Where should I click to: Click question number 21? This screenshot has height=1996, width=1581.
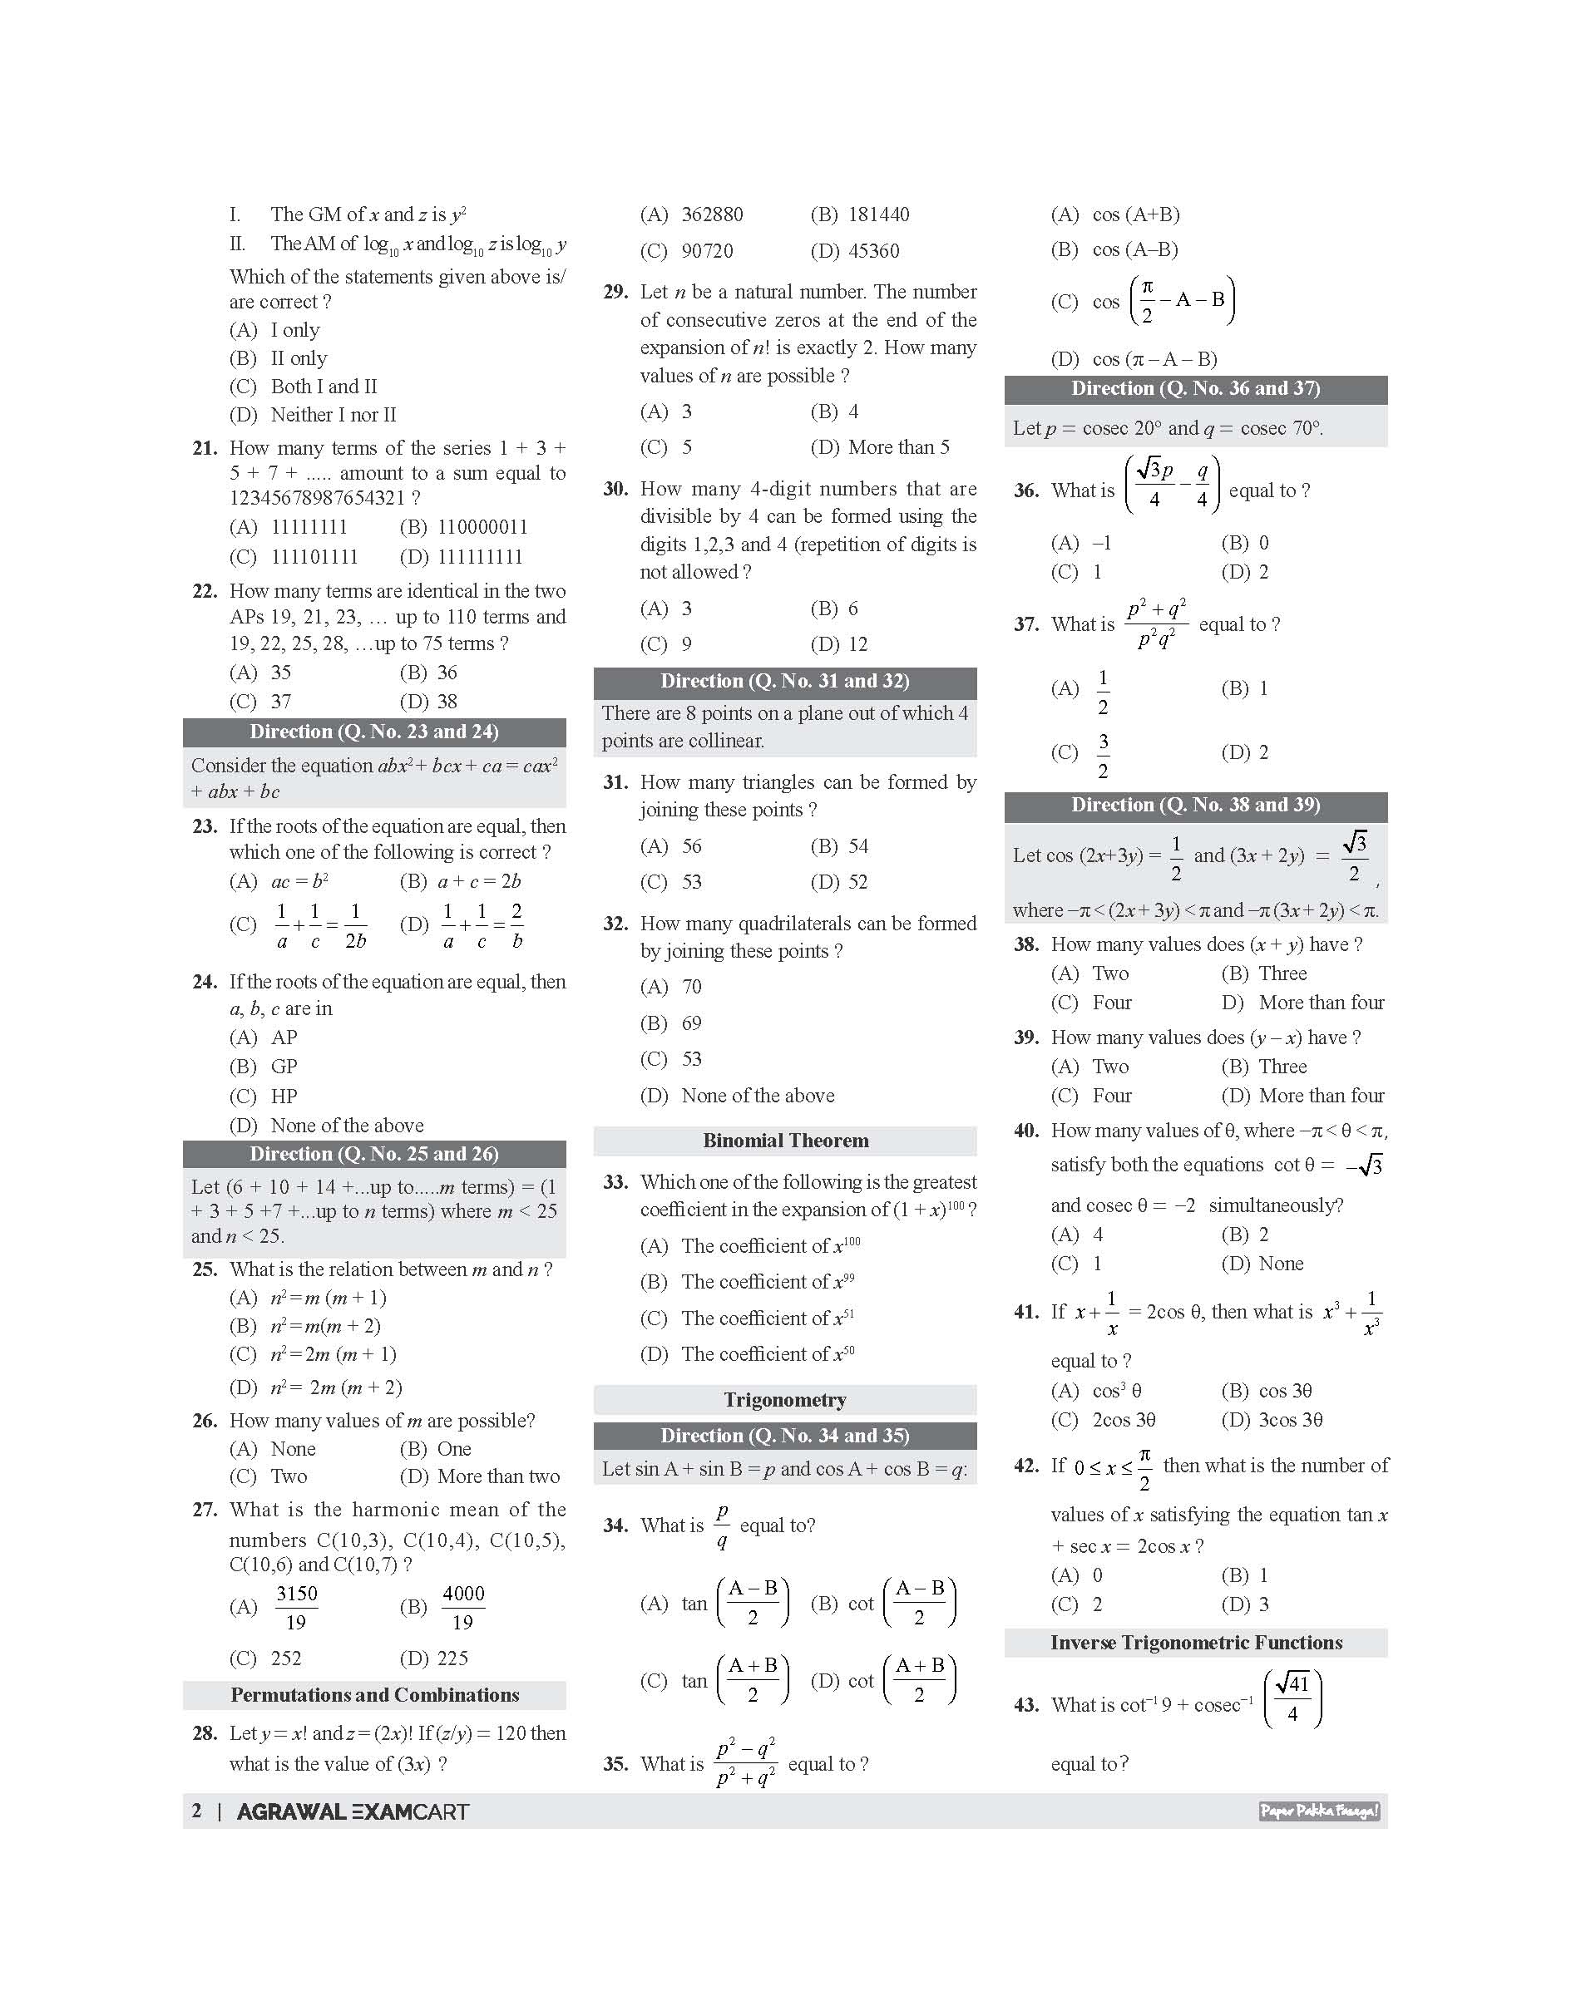point(205,449)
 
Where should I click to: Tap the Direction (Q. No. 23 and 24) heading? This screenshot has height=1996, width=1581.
point(374,732)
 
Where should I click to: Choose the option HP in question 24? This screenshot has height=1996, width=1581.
point(284,1097)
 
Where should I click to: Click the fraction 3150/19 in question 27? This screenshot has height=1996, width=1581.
point(296,1607)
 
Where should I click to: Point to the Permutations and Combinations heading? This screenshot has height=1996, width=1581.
point(374,1695)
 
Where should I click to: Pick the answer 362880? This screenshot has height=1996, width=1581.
point(712,214)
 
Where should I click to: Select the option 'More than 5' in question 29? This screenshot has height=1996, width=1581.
point(898,448)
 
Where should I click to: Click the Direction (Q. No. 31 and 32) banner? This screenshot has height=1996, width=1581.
point(785,682)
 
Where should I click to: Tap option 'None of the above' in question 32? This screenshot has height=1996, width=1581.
point(757,1097)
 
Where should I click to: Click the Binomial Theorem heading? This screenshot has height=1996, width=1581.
point(785,1141)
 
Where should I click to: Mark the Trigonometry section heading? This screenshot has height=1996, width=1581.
point(785,1400)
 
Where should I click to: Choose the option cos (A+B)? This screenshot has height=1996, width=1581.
point(1135,214)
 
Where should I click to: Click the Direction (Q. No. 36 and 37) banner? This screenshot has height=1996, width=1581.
point(1196,389)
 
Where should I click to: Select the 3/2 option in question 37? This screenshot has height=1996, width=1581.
point(1103,754)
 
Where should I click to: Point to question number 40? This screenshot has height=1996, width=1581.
point(1025,1131)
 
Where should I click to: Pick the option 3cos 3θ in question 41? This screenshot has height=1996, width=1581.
point(1291,1420)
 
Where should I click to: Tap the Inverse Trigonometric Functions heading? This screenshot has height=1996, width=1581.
point(1196,1643)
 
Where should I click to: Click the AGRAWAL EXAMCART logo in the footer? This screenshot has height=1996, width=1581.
point(353,1811)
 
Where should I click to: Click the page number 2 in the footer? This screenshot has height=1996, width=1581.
point(196,1811)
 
